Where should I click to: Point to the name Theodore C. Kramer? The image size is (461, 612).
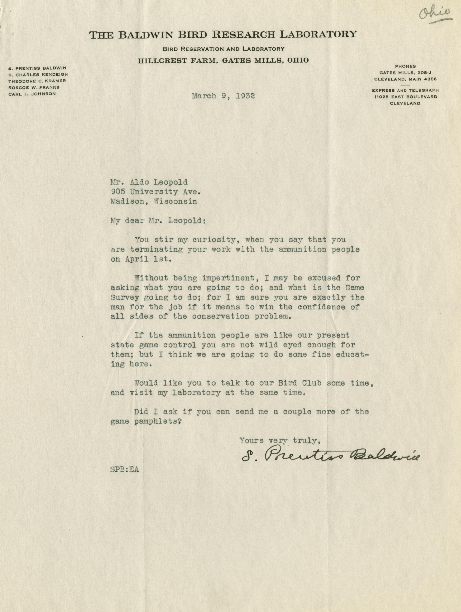click(37, 81)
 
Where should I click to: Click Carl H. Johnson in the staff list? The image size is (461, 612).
click(32, 94)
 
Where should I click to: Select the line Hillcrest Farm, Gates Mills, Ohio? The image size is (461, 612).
click(223, 61)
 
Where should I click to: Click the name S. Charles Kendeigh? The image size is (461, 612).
click(38, 74)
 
